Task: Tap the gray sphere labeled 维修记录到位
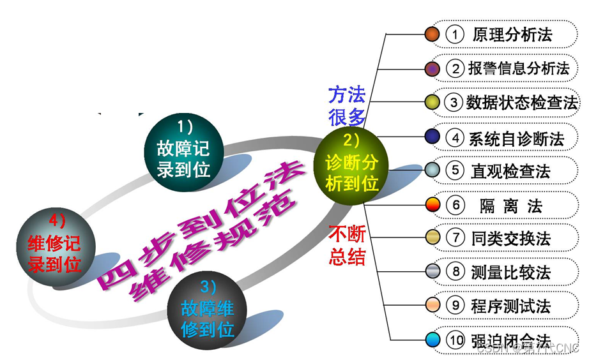[x=56, y=243]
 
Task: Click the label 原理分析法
[x=512, y=34]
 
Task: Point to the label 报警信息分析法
[x=518, y=68]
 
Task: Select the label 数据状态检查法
[x=521, y=102]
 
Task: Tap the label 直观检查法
[x=510, y=171]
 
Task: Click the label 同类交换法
[x=510, y=239]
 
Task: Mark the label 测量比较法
[x=510, y=273]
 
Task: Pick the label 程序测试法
[x=510, y=306]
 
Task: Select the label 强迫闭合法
[x=510, y=340]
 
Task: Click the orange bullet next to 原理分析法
[x=432, y=34]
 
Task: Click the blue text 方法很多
[x=347, y=107]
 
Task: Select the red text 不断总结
[x=347, y=245]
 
